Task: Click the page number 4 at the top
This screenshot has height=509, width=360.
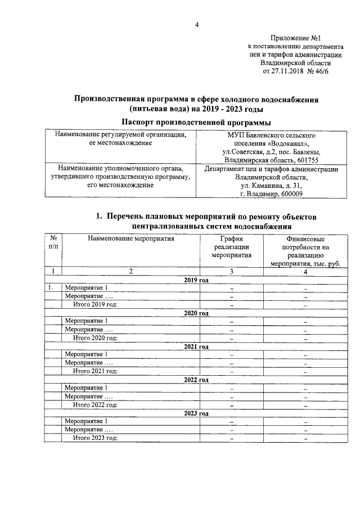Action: pos(197,25)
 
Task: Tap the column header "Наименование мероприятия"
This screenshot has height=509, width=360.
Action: pos(130,238)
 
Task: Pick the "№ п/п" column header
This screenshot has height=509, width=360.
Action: pos(53,242)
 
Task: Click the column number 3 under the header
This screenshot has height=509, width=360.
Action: pos(231,272)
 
